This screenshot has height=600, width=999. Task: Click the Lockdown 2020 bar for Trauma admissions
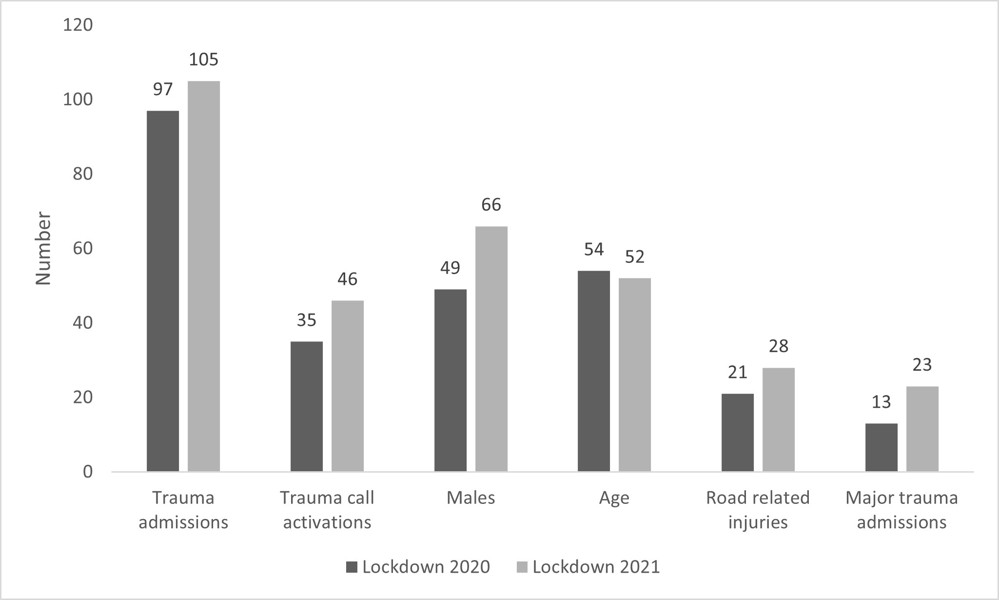click(162, 291)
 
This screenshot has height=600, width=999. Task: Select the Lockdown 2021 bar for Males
click(491, 349)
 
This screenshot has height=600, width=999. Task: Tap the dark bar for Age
click(593, 371)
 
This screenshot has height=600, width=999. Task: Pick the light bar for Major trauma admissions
click(922, 429)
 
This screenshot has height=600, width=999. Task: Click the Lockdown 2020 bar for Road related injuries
click(737, 432)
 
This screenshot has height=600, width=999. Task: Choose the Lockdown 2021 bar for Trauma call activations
click(347, 386)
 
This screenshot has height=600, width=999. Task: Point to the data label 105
click(204, 60)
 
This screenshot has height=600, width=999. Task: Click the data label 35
click(306, 320)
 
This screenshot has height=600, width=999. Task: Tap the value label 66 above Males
click(491, 205)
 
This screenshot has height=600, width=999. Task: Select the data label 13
click(881, 402)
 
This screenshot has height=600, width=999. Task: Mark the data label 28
click(778, 346)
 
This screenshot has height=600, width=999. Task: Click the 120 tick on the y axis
click(78, 25)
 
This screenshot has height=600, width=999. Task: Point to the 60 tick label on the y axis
click(82, 248)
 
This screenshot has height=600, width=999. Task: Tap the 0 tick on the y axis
click(88, 472)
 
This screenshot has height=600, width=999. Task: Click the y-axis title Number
click(43, 248)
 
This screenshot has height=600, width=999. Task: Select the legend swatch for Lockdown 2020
click(352, 567)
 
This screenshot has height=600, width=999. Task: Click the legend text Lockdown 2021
click(596, 567)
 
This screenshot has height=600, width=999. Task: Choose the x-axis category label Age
click(614, 498)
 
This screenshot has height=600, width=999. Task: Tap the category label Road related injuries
click(758, 510)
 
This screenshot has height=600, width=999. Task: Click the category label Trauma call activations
click(327, 510)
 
